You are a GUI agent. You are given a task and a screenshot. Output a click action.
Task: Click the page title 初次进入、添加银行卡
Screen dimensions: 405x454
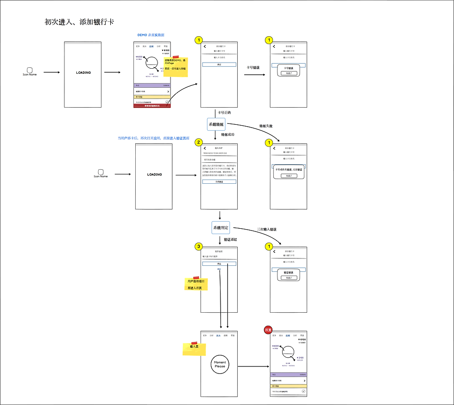pos(79,22)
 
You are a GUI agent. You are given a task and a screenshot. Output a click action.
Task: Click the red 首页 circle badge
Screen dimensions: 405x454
pos(268,330)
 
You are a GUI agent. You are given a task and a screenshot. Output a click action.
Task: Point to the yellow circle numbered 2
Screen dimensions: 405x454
pos(199,142)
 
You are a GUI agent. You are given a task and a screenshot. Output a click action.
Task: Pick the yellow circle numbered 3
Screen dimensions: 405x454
pos(199,246)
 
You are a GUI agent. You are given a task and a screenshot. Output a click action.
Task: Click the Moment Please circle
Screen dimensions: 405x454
pos(220,364)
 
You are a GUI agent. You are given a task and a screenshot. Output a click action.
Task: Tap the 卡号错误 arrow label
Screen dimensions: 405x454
pos(252,67)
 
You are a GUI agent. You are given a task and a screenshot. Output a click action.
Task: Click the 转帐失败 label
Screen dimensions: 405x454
pos(266,126)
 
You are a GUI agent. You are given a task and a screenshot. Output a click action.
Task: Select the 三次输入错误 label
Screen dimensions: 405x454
pos(267,229)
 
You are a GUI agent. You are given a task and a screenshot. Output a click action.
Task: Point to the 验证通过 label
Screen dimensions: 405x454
pos(230,239)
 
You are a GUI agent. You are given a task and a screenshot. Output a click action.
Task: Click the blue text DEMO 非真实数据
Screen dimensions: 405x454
pos(151,35)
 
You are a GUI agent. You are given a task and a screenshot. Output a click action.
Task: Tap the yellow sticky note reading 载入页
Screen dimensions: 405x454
pos(194,348)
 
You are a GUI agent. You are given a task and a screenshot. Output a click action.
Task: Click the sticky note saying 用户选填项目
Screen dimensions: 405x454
pos(196,283)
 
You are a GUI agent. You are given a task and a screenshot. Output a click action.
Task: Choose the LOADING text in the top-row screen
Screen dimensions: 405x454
pos(83,72)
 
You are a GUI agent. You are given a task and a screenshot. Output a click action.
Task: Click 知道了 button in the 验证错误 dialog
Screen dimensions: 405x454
pos(288,277)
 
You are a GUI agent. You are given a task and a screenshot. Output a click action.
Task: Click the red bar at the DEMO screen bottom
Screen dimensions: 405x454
pos(152,106)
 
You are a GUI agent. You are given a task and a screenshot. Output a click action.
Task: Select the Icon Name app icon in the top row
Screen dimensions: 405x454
pos(30,71)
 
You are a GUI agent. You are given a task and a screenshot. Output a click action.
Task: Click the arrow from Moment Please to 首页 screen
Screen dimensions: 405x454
pos(253,366)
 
